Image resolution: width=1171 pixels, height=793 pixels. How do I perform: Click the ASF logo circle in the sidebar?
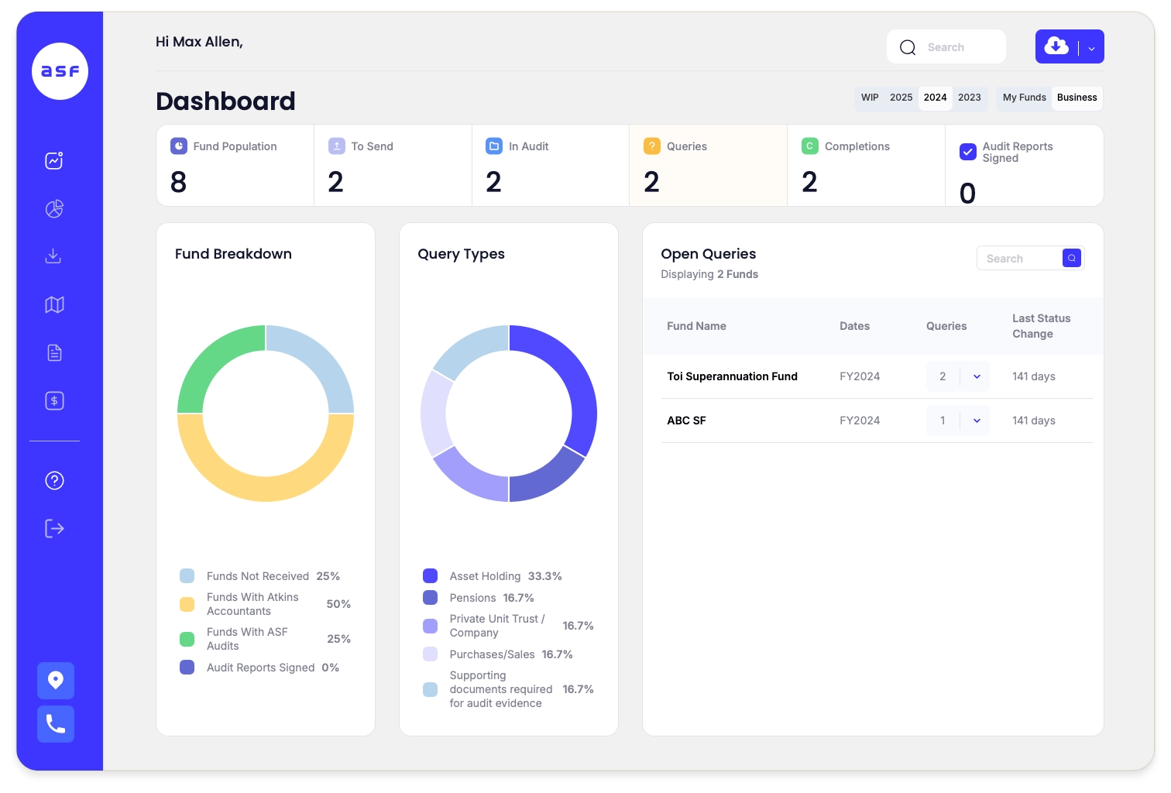[x=60, y=71]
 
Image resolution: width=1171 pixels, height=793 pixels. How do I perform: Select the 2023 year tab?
[x=969, y=98]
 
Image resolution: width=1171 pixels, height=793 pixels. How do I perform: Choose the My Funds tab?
[x=1024, y=98]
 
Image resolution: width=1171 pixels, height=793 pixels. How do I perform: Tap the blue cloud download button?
[x=1056, y=46]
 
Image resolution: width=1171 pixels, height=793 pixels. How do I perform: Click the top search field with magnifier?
[x=946, y=47]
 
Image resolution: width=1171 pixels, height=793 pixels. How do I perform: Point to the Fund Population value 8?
[x=179, y=183]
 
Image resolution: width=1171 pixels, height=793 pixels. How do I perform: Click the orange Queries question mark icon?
[x=652, y=146]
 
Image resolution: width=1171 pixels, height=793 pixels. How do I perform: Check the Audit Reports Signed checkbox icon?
[x=967, y=152]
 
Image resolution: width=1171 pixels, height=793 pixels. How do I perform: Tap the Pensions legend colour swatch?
[x=430, y=598]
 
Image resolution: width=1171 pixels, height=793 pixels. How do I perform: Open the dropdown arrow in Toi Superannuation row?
[x=977, y=376]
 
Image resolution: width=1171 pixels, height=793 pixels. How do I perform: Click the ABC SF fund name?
[x=686, y=421]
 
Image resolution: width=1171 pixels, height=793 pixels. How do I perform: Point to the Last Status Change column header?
[x=1041, y=326]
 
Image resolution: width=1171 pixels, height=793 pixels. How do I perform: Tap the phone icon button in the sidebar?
[x=56, y=724]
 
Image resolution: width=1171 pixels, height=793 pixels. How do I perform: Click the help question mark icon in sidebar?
[x=54, y=481]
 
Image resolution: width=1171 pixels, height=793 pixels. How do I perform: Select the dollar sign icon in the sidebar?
[x=54, y=401]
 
